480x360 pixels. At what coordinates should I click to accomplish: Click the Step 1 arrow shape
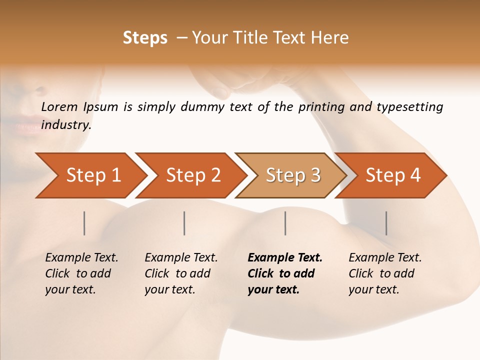(90, 175)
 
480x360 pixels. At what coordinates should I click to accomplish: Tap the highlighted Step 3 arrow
(291, 175)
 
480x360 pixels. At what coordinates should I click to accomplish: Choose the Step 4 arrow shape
(391, 175)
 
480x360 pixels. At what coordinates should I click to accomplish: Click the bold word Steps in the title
(145, 38)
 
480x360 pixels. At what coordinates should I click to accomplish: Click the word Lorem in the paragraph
(59, 106)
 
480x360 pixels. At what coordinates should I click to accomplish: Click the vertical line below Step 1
(84, 223)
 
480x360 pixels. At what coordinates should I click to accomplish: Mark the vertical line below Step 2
(184, 223)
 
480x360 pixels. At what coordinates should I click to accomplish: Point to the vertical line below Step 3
(285, 223)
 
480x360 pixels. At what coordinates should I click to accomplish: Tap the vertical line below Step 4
(386, 223)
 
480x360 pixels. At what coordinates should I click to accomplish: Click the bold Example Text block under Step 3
(285, 273)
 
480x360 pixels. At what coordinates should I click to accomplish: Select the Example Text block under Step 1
(81, 273)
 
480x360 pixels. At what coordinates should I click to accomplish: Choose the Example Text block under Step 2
(181, 273)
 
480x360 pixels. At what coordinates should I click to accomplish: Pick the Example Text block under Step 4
(385, 273)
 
